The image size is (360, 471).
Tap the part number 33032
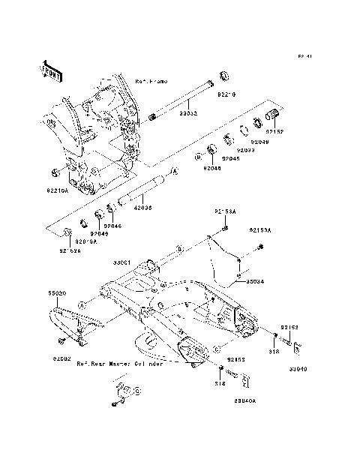pyautogui.click(x=187, y=113)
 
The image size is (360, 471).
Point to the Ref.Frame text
pyautogui.click(x=151, y=80)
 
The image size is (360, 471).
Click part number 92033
pyautogui.click(x=245, y=150)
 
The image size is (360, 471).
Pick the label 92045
pyautogui.click(x=229, y=158)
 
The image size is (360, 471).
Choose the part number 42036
pyautogui.click(x=142, y=208)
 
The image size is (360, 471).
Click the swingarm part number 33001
pyautogui.click(x=123, y=262)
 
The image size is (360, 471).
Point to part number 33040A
pyautogui.click(x=244, y=401)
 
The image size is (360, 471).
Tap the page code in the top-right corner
pyautogui.click(x=304, y=56)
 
